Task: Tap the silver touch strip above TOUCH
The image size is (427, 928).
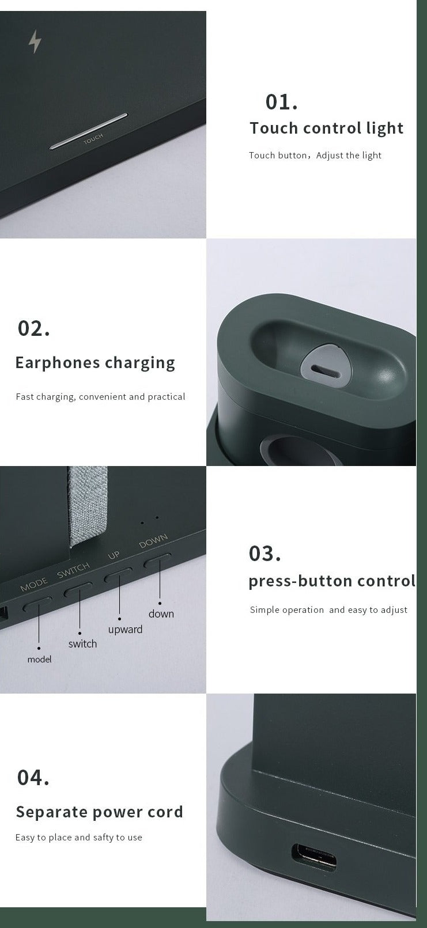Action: click(88, 131)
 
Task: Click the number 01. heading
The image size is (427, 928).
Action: click(281, 102)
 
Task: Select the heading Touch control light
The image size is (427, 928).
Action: click(326, 128)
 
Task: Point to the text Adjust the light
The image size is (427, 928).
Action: click(349, 156)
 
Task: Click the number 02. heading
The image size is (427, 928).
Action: click(33, 328)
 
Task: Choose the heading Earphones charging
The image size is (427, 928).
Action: click(95, 363)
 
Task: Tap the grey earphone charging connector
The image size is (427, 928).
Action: click(326, 366)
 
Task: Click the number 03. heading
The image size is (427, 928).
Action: click(265, 554)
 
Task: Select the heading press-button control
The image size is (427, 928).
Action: click(332, 581)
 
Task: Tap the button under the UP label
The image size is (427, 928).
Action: click(118, 576)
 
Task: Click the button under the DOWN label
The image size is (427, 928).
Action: click(157, 560)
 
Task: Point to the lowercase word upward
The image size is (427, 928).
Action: click(125, 630)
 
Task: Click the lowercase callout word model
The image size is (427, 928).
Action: click(39, 659)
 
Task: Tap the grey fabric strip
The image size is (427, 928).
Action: click(88, 505)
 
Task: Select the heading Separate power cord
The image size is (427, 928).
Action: click(100, 812)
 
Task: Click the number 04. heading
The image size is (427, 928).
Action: click(33, 778)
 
